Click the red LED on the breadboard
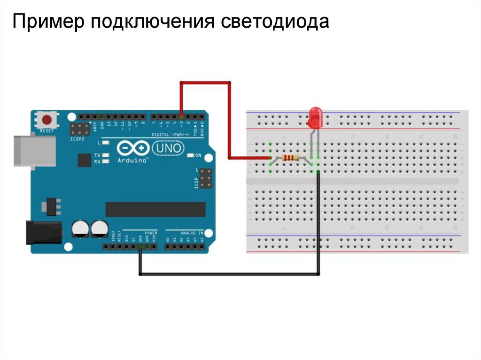click(315, 117)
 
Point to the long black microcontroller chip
click(155, 209)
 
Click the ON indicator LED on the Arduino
click(191, 155)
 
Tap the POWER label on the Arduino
click(151, 232)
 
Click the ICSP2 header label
click(78, 139)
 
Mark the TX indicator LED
click(106, 155)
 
